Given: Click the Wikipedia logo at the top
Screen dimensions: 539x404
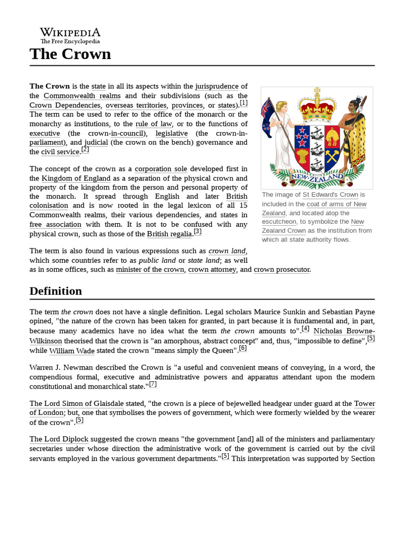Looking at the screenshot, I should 70,35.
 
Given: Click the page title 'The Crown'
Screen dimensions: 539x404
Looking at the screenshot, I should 70,54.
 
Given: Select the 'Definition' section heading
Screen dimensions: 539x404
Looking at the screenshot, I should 56,291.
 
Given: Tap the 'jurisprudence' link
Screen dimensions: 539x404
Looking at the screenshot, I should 217,86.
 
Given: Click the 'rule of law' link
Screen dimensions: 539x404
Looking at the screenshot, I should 154,124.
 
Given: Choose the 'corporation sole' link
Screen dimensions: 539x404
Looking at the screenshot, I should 160,169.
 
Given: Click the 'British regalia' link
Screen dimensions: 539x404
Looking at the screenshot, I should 169,234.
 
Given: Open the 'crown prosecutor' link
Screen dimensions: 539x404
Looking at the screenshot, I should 281,269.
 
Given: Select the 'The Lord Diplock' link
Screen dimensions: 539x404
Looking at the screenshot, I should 59,439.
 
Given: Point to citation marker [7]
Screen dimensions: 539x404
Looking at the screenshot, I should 153,384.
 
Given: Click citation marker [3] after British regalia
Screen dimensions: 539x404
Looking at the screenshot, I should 197,232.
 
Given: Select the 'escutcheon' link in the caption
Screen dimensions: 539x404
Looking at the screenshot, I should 279,222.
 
